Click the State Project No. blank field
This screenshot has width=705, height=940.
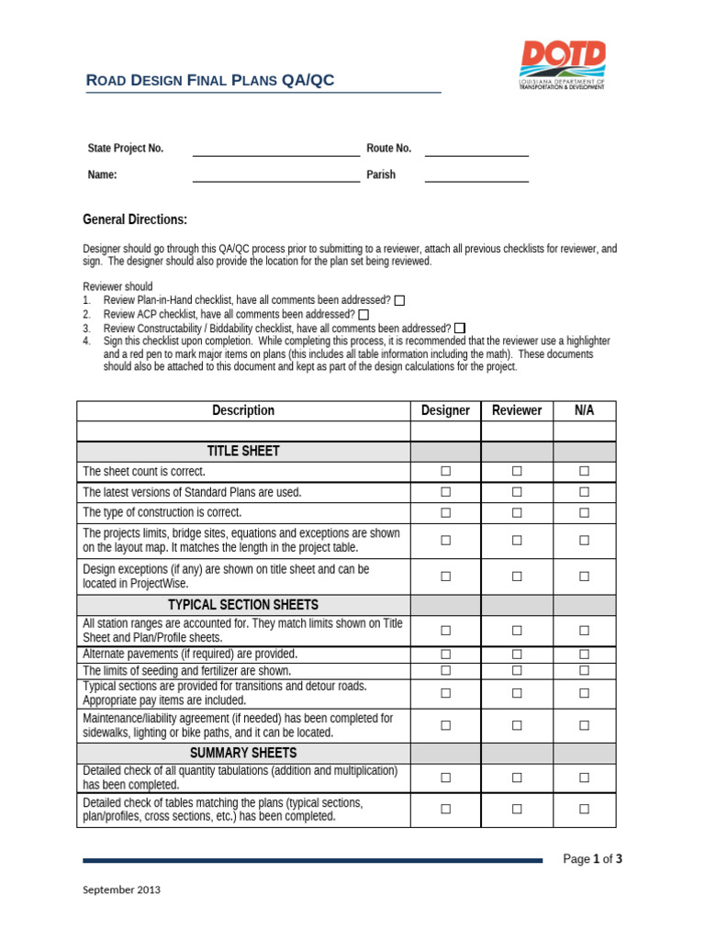[275, 149]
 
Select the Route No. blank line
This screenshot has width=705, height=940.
[476, 149]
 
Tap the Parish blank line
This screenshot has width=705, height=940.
[476, 175]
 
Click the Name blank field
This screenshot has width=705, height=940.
[275, 175]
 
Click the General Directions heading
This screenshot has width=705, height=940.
[135, 219]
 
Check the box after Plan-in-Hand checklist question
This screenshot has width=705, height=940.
[399, 300]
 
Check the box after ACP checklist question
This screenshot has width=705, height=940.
[364, 315]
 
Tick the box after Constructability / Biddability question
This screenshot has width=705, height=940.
[460, 329]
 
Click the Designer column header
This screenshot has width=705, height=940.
[445, 410]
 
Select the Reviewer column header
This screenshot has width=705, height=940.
[517, 410]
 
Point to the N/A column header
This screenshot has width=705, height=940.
[585, 410]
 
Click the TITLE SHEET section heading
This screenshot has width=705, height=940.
[243, 451]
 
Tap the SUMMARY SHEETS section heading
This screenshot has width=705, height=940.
[243, 753]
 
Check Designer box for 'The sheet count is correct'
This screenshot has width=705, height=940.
[445, 471]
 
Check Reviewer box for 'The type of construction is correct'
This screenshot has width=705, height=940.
[517, 512]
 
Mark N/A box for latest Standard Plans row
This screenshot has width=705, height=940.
[584, 492]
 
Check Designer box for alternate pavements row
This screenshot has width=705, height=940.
[445, 655]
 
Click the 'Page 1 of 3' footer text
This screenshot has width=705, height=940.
[592, 859]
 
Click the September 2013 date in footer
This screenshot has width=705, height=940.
[121, 890]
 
